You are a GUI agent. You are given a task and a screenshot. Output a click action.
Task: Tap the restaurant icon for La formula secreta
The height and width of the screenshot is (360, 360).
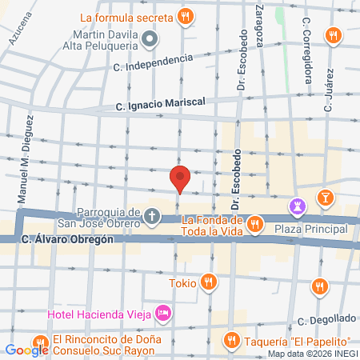[x=186, y=15]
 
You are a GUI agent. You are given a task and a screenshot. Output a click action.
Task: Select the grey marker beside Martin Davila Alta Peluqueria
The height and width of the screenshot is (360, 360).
[x=149, y=38]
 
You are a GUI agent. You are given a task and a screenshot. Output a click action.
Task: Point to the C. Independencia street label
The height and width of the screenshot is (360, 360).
[x=154, y=62]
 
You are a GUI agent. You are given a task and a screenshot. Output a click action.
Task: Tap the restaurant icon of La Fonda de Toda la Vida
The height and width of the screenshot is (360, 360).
[x=254, y=223]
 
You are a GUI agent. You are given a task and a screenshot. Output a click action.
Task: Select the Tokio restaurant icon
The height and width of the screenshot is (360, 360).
[x=208, y=282]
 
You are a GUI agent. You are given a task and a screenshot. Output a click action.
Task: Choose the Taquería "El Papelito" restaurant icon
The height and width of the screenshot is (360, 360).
[x=233, y=339]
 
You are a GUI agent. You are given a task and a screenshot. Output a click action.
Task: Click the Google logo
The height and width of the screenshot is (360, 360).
[x=26, y=349]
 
